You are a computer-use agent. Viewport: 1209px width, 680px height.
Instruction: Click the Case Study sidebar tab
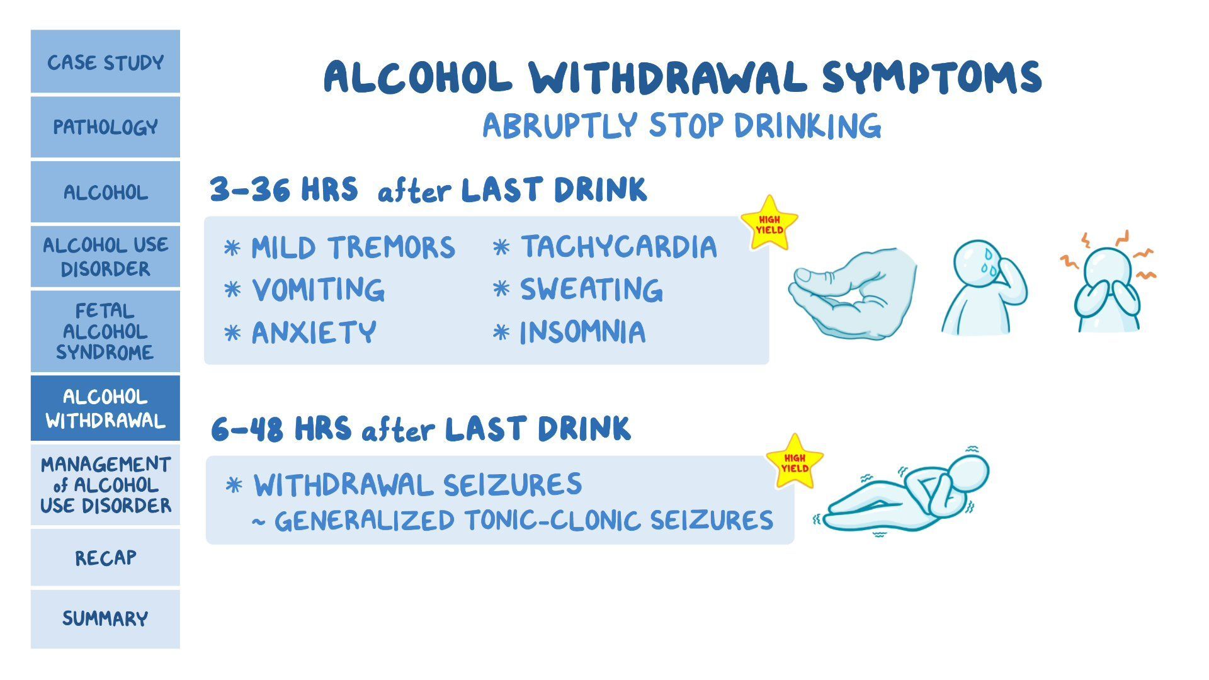click(105, 62)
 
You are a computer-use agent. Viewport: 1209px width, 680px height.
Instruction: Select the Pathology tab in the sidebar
click(105, 127)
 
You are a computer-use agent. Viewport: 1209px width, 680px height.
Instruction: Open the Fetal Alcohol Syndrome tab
click(105, 331)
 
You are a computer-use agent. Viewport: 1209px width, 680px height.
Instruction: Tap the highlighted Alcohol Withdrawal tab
click(105, 409)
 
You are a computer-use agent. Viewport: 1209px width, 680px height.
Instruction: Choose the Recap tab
click(105, 558)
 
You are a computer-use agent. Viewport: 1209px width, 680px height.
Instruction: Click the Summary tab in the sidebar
click(105, 618)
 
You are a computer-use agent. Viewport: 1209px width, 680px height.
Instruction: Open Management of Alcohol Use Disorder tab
click(105, 485)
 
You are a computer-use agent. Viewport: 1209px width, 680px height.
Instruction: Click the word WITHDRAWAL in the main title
click(667, 78)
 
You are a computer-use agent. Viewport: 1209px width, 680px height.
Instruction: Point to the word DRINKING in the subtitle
click(807, 125)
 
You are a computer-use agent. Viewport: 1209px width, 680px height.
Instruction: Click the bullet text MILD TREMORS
click(353, 247)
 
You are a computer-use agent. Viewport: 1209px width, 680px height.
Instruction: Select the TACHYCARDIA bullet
click(618, 247)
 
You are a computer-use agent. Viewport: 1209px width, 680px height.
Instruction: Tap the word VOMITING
click(318, 290)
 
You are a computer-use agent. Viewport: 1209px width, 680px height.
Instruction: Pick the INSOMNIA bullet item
click(582, 332)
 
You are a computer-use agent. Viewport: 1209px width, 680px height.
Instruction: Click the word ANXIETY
click(314, 332)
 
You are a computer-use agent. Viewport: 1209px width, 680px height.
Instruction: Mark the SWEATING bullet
click(591, 290)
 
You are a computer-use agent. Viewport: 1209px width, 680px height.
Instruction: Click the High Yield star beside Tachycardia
click(769, 224)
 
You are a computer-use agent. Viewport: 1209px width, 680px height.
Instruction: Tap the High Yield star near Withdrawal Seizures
click(795, 463)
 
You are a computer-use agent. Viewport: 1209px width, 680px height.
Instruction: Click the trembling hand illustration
click(853, 293)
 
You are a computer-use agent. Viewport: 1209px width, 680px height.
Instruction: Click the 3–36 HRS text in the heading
click(283, 190)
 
